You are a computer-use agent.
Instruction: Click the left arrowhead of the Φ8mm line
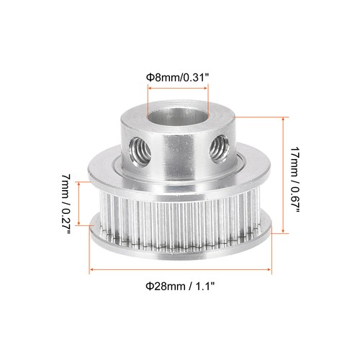150,88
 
